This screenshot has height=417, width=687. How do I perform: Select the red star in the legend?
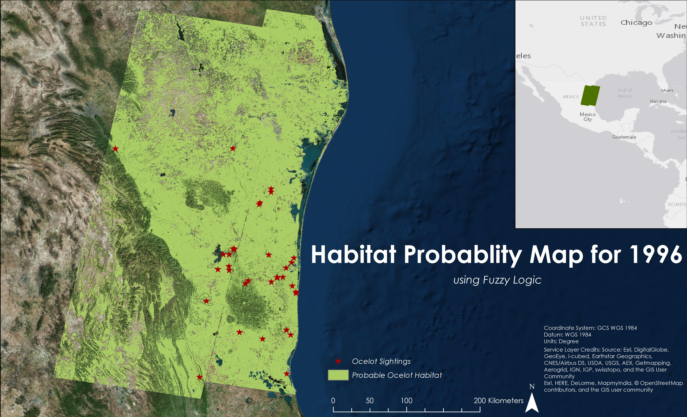tap(338, 361)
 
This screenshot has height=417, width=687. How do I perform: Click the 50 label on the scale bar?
tap(370, 400)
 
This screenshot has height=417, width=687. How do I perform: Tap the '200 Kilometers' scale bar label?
tap(499, 400)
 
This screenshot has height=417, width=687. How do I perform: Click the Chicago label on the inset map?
tap(636, 23)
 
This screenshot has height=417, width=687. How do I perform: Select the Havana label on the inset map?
tap(658, 101)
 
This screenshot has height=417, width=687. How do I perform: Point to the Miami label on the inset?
tap(668, 90)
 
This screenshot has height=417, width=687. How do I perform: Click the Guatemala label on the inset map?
tap(624, 137)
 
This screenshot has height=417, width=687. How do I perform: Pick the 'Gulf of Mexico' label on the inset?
tap(625, 93)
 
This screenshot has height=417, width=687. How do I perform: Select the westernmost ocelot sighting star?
tap(115, 149)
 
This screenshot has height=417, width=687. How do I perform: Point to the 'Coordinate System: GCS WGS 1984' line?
tap(590, 328)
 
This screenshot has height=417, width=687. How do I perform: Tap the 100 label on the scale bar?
tap(406, 400)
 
